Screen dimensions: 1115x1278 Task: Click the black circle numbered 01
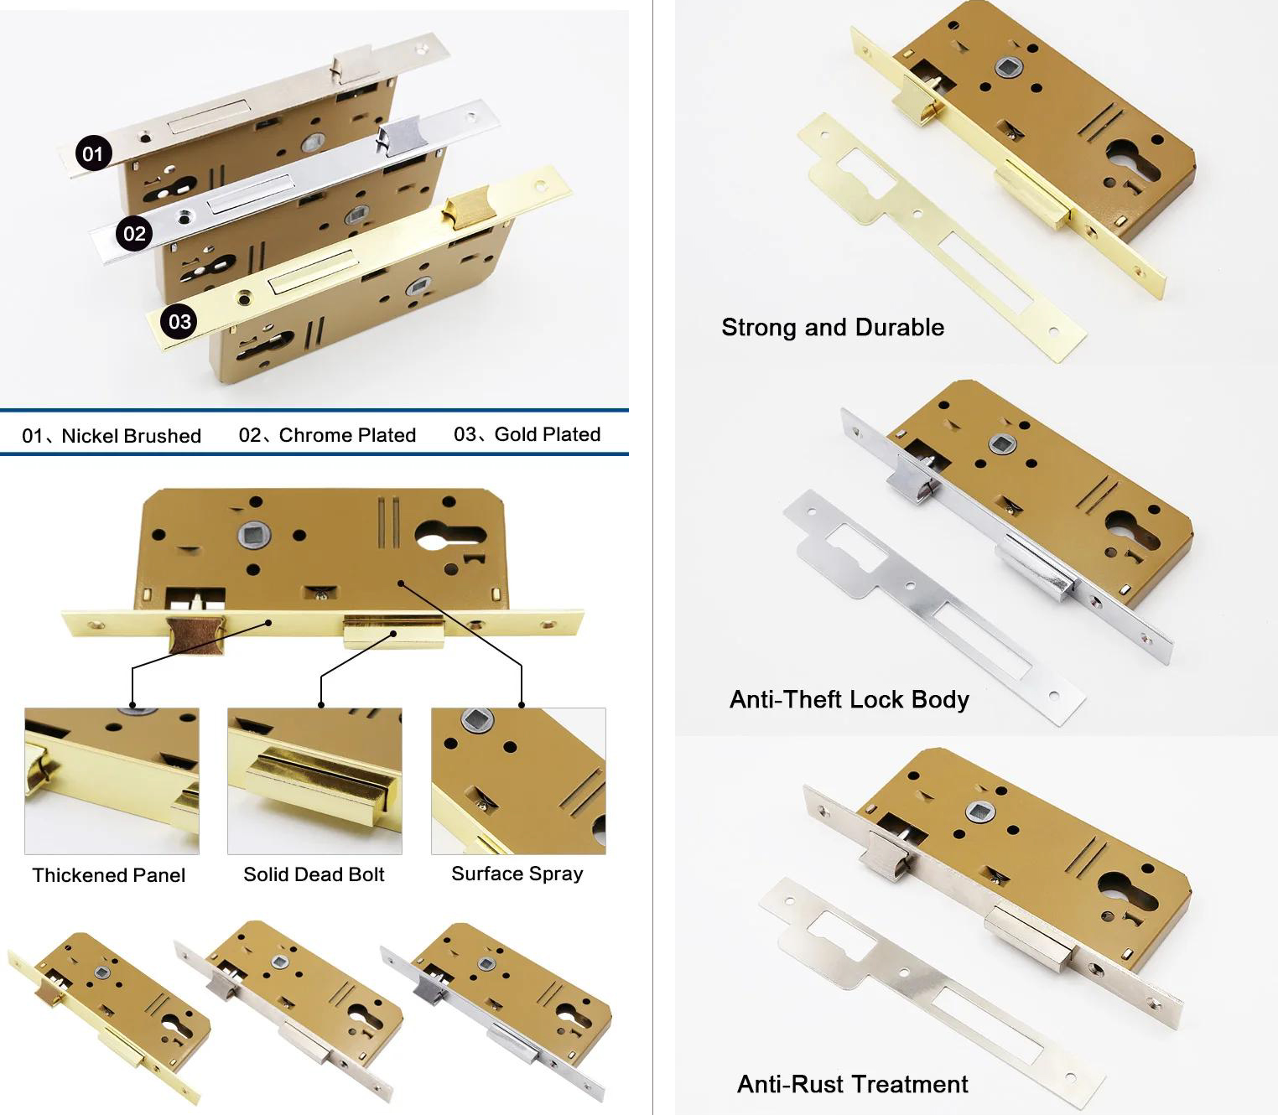(x=92, y=153)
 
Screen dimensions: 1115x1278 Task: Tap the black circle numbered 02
(x=134, y=233)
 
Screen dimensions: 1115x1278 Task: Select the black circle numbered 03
(x=179, y=321)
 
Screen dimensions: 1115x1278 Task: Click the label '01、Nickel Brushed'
(x=112, y=436)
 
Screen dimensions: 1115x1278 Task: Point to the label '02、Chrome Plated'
(x=327, y=435)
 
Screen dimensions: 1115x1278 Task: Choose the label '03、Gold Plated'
(x=527, y=434)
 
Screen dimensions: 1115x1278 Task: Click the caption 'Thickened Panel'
(x=109, y=875)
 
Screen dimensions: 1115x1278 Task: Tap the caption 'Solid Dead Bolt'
(x=314, y=874)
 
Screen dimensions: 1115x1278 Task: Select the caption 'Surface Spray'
(x=517, y=874)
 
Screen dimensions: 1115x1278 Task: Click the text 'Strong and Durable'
(x=832, y=327)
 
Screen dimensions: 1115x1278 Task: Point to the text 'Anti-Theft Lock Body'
(x=849, y=699)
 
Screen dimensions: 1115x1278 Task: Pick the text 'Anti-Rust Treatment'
(x=852, y=1084)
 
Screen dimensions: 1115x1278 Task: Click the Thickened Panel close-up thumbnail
(x=112, y=780)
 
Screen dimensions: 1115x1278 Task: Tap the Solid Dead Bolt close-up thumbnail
(x=314, y=780)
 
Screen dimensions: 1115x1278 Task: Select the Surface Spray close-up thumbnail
(x=518, y=780)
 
